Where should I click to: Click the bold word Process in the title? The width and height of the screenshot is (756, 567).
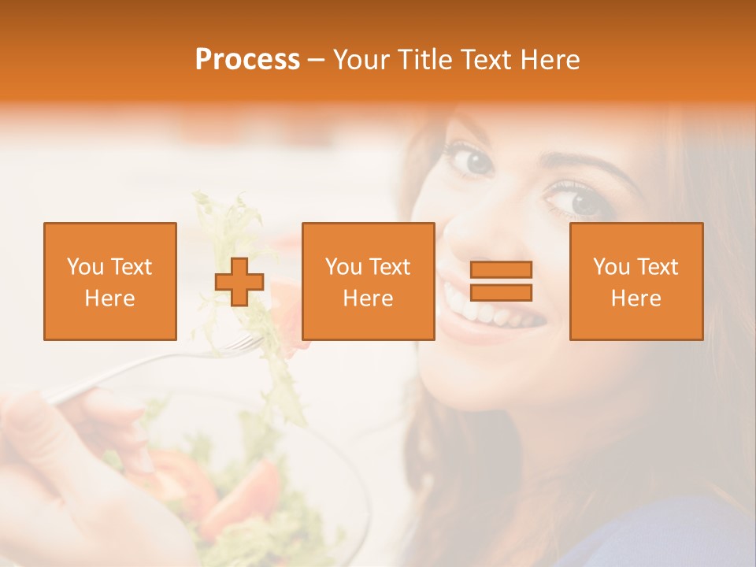pyautogui.click(x=247, y=60)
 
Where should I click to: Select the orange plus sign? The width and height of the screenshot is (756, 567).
pyautogui.click(x=239, y=282)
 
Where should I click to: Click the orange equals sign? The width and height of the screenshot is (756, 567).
pyautogui.click(x=501, y=281)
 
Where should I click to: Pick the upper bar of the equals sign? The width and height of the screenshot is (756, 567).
pyautogui.click(x=501, y=269)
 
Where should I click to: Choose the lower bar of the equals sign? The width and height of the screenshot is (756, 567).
pyautogui.click(x=501, y=293)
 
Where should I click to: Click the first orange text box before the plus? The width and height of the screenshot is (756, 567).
pyautogui.click(x=110, y=281)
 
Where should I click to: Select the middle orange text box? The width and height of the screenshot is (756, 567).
pyautogui.click(x=368, y=281)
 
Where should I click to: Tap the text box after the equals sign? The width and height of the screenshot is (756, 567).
pyautogui.click(x=636, y=281)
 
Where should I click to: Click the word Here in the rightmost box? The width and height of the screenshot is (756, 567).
pyautogui.click(x=636, y=298)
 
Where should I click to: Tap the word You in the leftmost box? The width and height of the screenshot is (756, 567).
pyautogui.click(x=85, y=267)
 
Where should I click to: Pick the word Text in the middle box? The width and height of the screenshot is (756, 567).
pyautogui.click(x=390, y=267)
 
